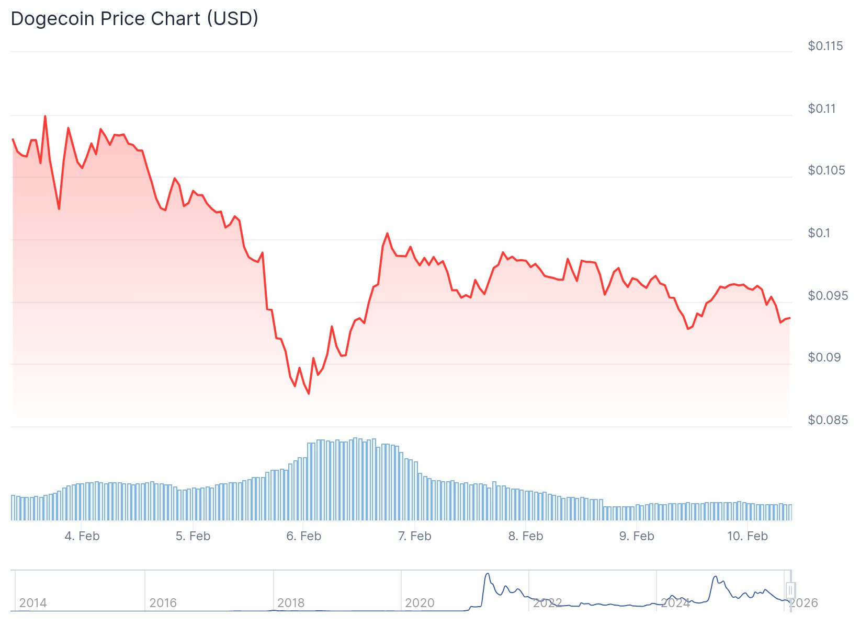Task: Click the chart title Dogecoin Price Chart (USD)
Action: click(134, 19)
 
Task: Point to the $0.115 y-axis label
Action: click(825, 46)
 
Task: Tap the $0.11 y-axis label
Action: click(822, 109)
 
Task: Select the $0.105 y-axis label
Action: click(826, 170)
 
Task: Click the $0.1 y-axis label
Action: click(819, 233)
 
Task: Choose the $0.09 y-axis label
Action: click(824, 357)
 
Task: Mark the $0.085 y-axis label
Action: click(828, 420)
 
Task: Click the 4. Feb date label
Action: click(82, 536)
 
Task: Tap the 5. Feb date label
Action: click(193, 536)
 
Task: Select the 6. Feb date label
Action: click(304, 536)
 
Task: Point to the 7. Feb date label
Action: click(415, 536)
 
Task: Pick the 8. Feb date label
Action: click(526, 536)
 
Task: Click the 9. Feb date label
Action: click(637, 536)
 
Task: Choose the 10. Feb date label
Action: click(748, 536)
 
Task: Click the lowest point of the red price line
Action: click(309, 393)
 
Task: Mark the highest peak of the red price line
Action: click(45, 116)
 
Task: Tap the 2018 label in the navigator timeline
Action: click(291, 603)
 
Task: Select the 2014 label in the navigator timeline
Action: click(33, 603)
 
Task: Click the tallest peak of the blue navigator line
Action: click(488, 574)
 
